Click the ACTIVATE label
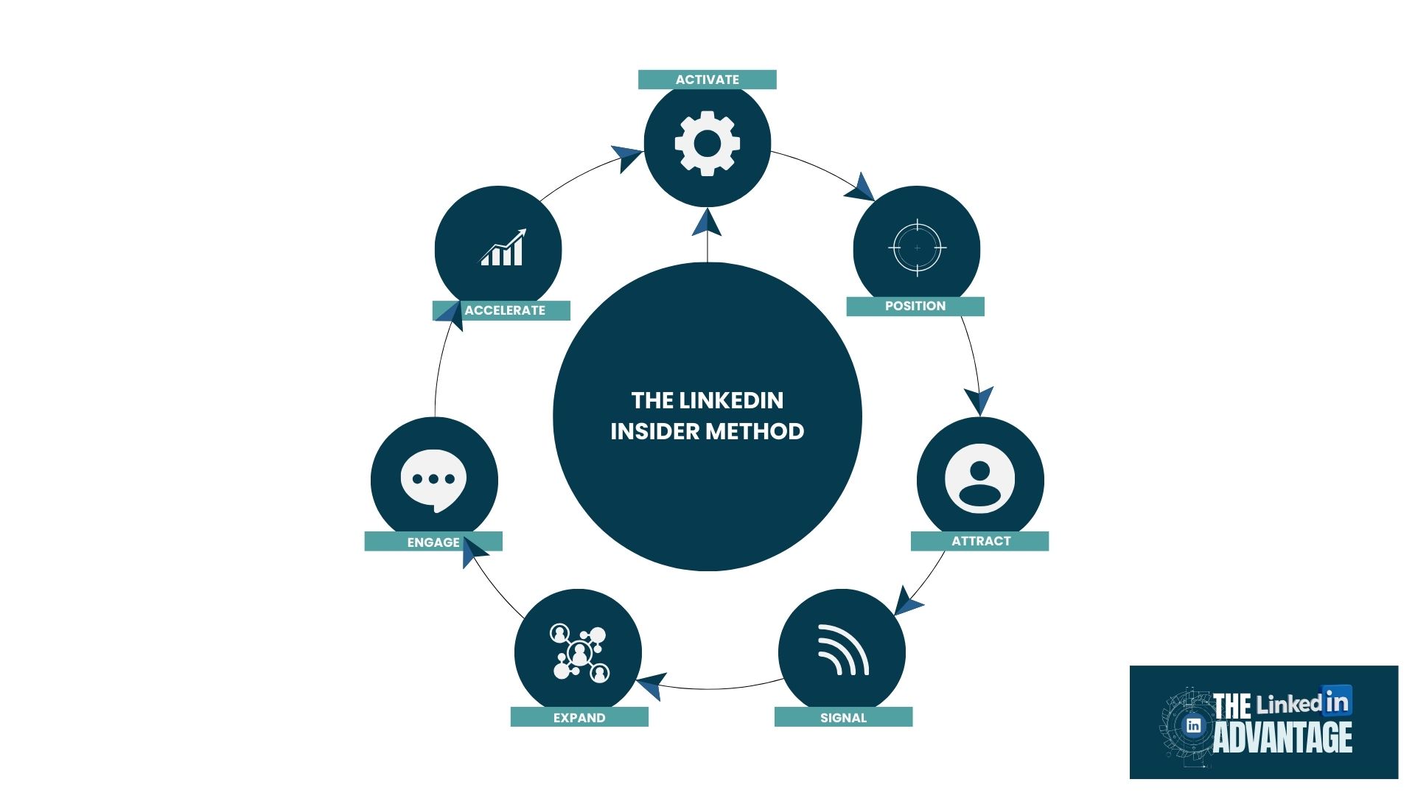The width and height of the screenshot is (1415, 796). [707, 80]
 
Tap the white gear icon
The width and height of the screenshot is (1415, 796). [707, 143]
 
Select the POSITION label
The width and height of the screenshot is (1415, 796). [915, 306]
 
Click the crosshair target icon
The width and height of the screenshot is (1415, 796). [917, 248]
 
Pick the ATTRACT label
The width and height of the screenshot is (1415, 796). [980, 541]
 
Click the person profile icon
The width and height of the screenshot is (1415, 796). [979, 478]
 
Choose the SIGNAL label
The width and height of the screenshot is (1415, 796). [843, 717]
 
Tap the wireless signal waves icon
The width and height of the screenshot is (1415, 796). [842, 650]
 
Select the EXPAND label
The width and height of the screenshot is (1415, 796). [579, 717]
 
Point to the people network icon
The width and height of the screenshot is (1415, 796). [579, 653]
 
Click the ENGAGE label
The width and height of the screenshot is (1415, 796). [433, 542]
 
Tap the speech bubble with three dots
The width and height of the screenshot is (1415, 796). [433, 480]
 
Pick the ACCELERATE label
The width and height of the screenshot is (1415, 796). [505, 310]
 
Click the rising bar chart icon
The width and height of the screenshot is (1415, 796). [503, 248]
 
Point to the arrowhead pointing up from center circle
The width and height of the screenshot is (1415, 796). [707, 222]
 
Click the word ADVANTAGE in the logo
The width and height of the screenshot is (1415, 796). [1282, 737]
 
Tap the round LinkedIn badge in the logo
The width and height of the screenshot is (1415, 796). [1193, 725]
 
